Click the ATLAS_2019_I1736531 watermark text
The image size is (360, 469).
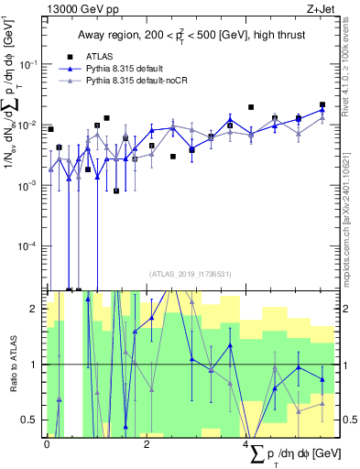tap(189, 274)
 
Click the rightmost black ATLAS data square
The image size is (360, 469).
tap(322, 105)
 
